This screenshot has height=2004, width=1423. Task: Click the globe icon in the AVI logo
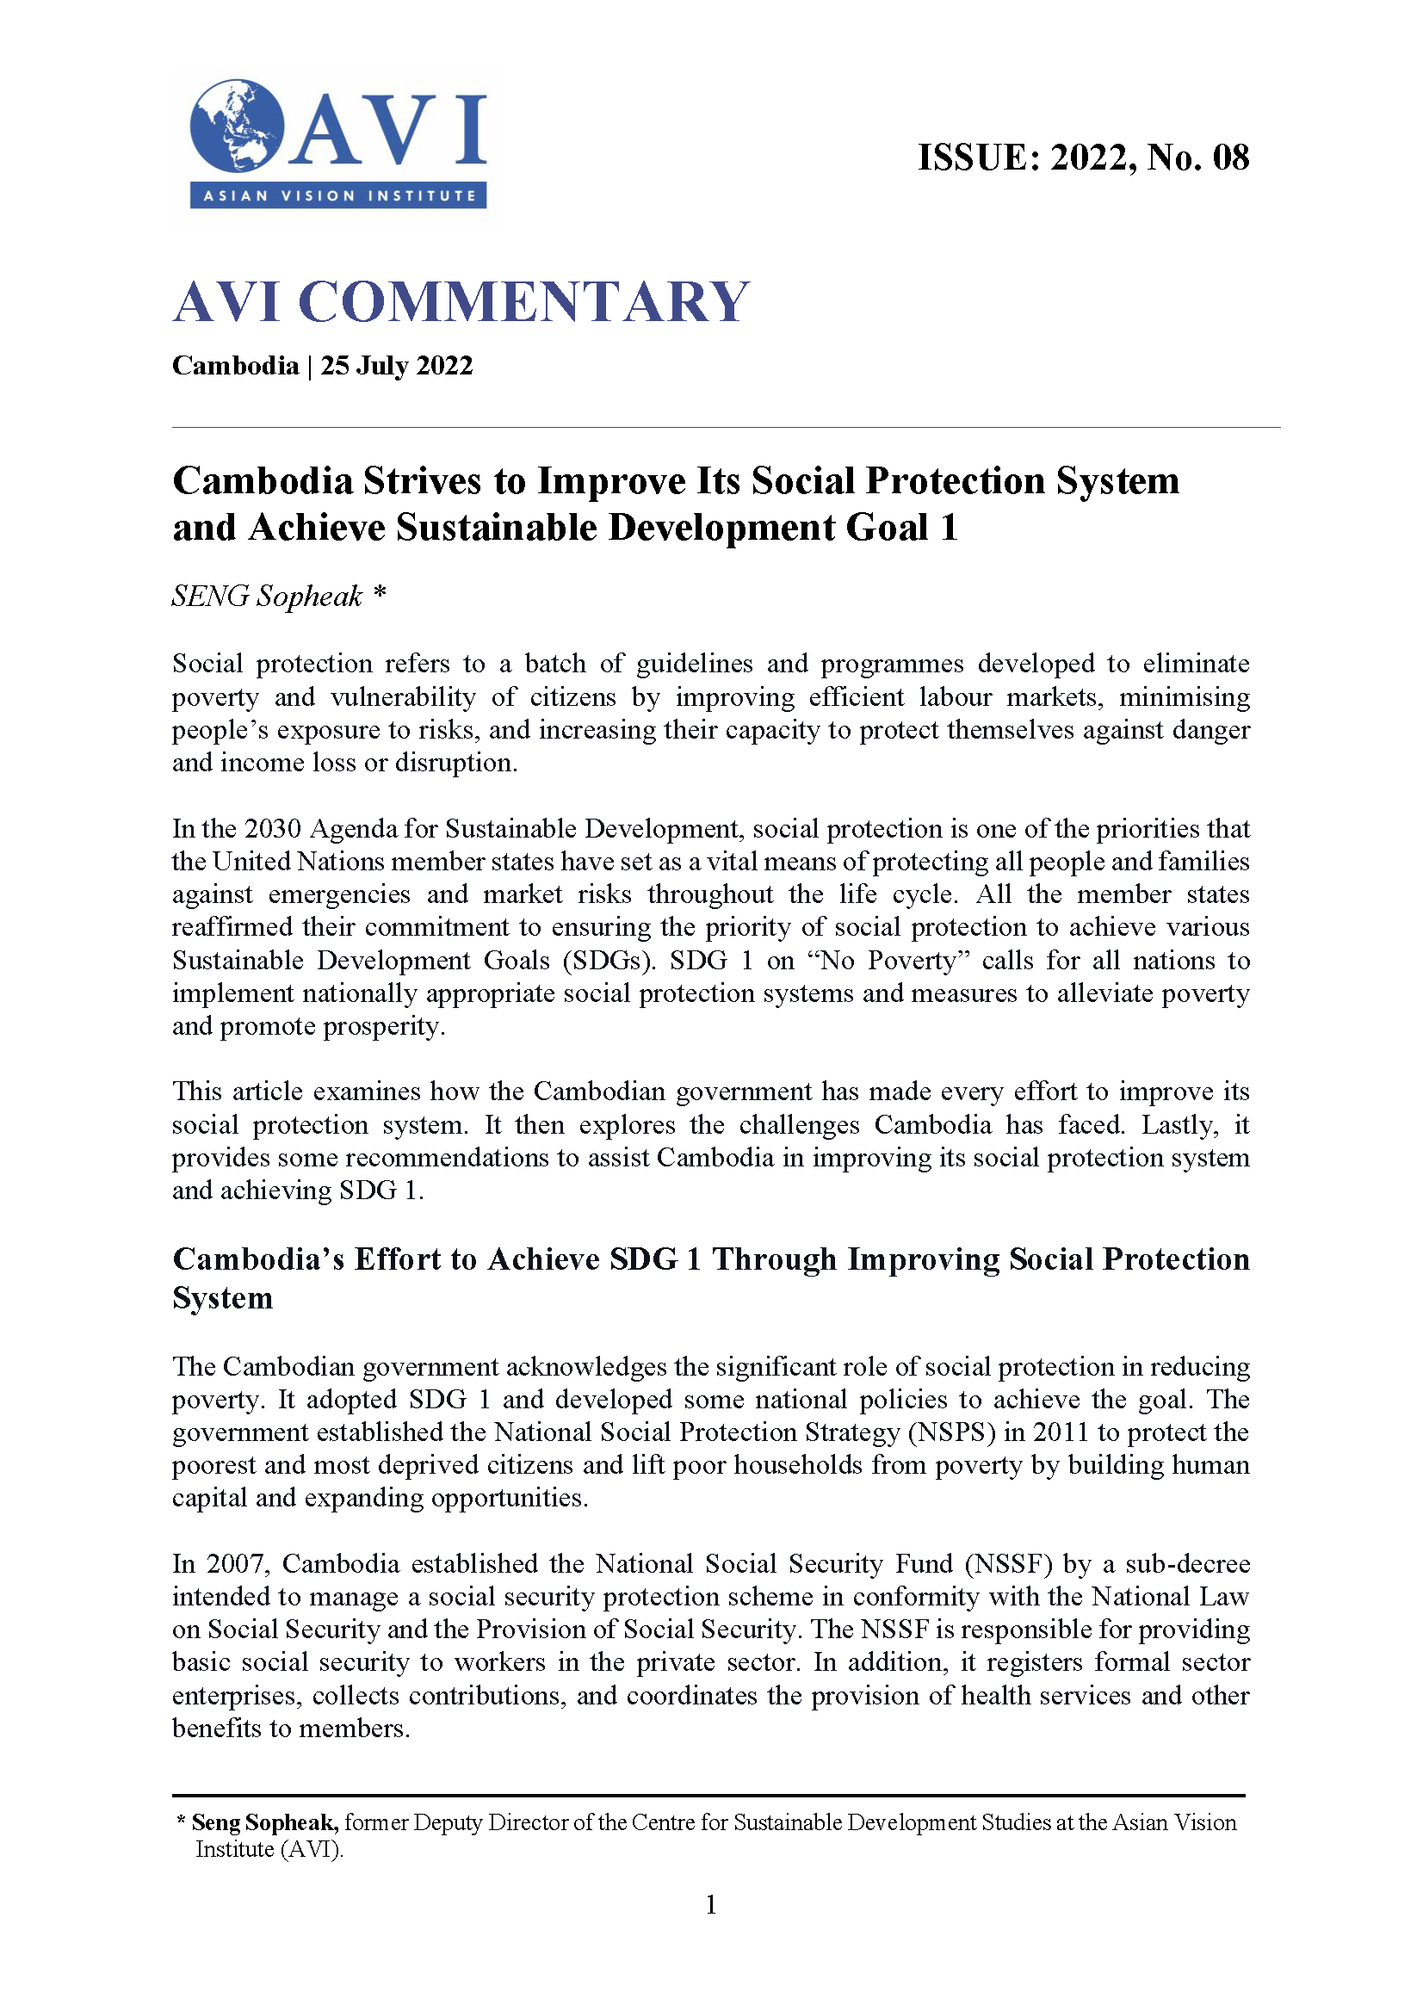[x=237, y=127]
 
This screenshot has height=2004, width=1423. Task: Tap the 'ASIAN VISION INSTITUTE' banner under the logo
[x=338, y=195]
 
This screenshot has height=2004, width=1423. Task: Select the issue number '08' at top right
[x=1230, y=158]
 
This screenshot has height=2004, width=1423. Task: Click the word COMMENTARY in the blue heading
[x=523, y=302]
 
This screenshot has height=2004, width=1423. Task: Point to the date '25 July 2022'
[x=396, y=365]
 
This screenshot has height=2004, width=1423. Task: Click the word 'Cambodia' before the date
[x=235, y=365]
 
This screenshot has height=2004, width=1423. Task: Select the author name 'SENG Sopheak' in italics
[x=266, y=597]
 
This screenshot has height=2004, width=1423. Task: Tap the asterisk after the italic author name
[x=380, y=593]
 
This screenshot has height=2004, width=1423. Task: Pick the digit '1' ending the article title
[x=949, y=528]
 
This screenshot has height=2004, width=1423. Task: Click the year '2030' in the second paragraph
[x=273, y=828]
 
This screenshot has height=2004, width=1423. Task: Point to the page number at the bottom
[x=710, y=1904]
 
